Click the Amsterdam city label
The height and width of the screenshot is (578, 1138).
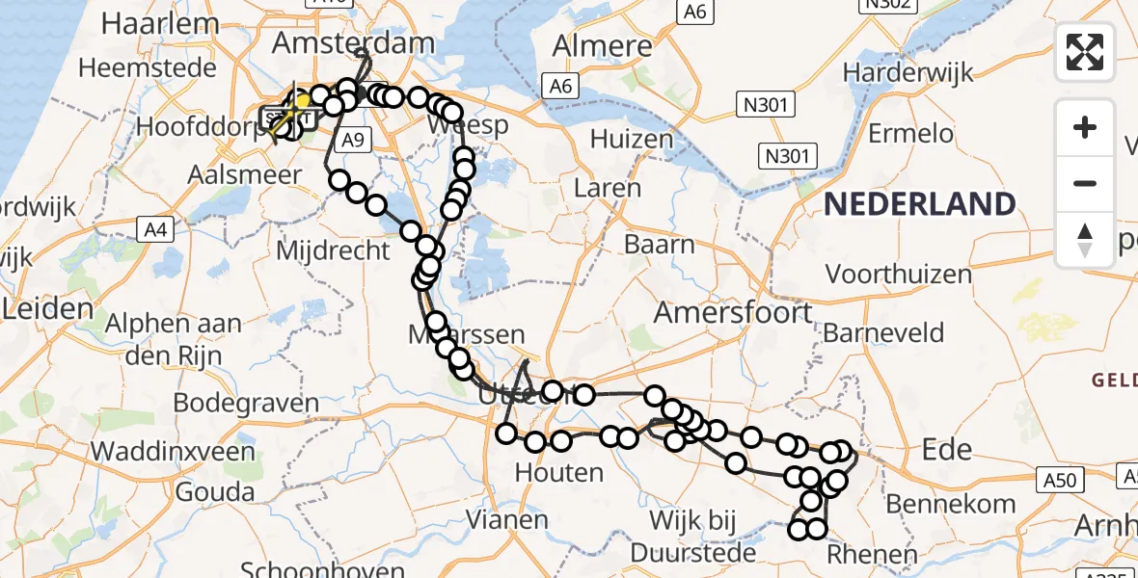[x=354, y=42]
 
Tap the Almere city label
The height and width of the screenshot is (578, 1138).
[x=604, y=45]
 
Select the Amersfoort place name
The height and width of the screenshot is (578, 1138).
[x=733, y=313]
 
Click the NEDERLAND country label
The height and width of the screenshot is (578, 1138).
[x=919, y=204]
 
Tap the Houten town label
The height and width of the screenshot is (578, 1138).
[x=558, y=473]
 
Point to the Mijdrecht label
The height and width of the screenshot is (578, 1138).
[x=333, y=250]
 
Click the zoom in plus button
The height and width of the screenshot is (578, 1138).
[x=1085, y=127]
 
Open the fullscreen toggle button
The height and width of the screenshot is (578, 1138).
[x=1085, y=52]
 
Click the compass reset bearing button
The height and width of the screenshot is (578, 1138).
[x=1085, y=239]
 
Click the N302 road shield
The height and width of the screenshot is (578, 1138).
[x=887, y=6]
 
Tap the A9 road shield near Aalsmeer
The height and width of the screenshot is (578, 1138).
[x=354, y=141]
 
